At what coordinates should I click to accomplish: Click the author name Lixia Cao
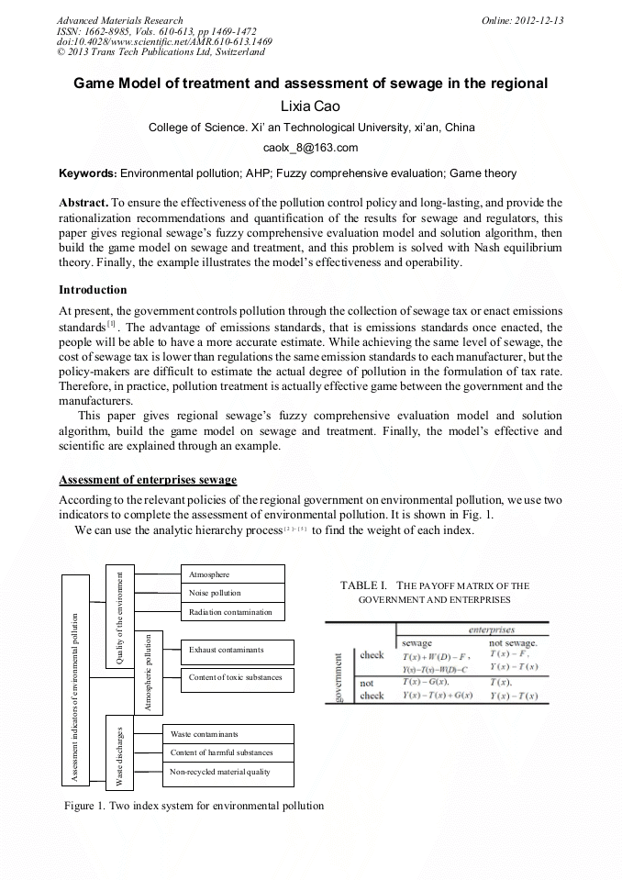tap(310, 106)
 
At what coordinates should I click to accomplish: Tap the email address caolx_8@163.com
tap(310, 147)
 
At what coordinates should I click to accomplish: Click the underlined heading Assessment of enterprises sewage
tap(148, 480)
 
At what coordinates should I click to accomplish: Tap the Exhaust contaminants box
tap(237, 651)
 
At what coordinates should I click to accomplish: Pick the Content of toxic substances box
tap(237, 678)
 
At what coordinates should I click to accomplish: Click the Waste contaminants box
tap(228, 734)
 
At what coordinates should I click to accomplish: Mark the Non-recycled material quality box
tap(228, 773)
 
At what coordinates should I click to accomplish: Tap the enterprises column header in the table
tap(491, 630)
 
